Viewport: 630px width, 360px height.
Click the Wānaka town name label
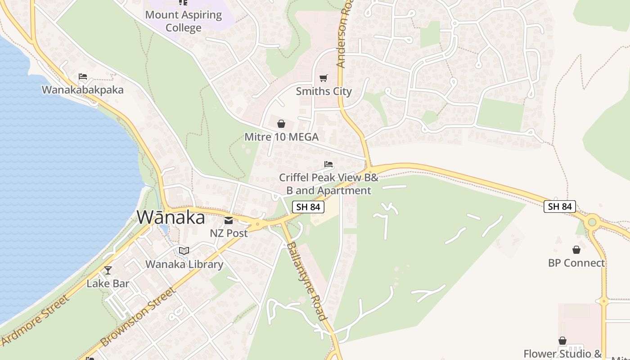coord(171,218)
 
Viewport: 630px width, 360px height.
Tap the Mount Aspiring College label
coord(184,21)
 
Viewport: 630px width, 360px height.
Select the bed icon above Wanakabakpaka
coord(82,76)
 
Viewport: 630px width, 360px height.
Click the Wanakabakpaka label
coord(82,90)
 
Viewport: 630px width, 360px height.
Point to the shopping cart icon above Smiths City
coord(323,78)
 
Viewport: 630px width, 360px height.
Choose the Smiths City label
coord(324,91)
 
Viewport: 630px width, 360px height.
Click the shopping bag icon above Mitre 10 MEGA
coord(281,124)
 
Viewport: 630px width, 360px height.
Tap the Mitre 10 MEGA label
coord(281,137)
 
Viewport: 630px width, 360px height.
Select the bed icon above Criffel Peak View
coord(328,164)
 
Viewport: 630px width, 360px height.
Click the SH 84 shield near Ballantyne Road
coord(308,207)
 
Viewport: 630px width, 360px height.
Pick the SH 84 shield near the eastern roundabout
coord(560,207)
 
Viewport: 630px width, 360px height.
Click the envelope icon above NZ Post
coord(229,220)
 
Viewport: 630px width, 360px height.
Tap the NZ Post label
coord(229,233)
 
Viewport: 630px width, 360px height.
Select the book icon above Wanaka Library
coord(184,251)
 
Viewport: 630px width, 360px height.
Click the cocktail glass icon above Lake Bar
coord(108,270)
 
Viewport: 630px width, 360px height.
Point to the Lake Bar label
coord(108,283)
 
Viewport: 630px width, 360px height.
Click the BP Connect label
coord(576,263)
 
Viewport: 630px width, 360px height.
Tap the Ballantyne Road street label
coord(306,281)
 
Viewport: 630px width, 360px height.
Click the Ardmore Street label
coord(36,320)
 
